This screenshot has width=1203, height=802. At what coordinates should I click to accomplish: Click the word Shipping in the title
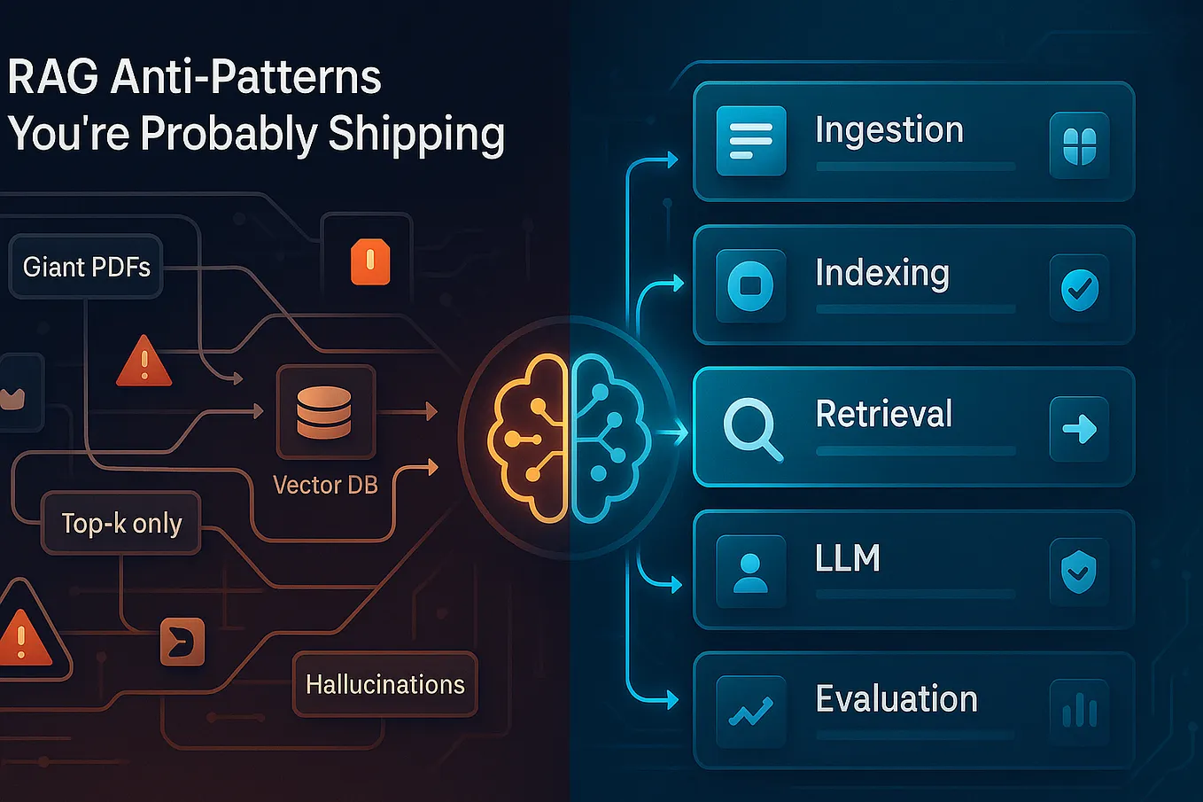[x=416, y=135]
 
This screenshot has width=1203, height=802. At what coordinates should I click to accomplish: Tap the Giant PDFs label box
[x=86, y=267]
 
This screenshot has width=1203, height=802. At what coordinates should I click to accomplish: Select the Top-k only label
[x=121, y=523]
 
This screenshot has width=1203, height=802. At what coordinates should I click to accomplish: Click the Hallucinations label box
[x=385, y=684]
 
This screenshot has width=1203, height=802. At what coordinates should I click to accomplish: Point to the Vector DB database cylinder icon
[x=324, y=413]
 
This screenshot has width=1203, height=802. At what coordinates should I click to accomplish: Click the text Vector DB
[x=325, y=485]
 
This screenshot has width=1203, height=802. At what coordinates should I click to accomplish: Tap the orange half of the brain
[x=527, y=438]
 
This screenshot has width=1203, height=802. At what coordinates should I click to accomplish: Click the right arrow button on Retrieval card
[x=1079, y=429]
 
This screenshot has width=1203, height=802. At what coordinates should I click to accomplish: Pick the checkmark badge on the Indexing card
[x=1080, y=290]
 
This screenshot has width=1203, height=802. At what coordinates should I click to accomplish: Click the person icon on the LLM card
[x=750, y=572]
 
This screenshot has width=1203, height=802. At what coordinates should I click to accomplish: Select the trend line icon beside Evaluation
[x=750, y=712]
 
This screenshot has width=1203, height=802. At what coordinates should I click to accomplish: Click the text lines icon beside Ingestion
[x=751, y=141]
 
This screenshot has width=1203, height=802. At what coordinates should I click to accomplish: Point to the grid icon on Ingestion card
[x=1080, y=146]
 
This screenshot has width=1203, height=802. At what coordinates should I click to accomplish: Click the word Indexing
[x=882, y=274]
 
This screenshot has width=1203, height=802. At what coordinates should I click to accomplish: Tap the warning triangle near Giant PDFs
[x=144, y=361]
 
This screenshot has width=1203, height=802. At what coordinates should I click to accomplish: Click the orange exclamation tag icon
[x=370, y=261]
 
